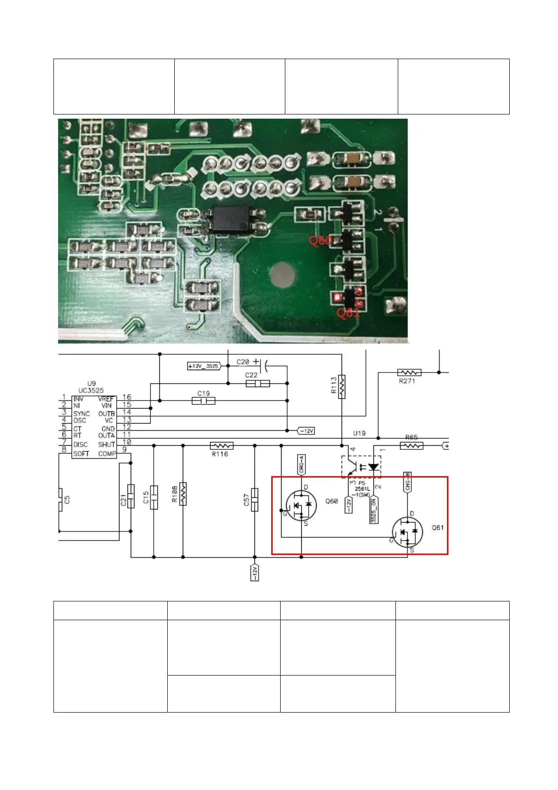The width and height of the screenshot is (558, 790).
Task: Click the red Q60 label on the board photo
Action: point(320,241)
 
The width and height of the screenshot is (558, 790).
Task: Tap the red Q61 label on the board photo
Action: point(348,313)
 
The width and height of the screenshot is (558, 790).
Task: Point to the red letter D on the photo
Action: point(337,297)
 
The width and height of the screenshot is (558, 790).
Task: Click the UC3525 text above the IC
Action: point(91,390)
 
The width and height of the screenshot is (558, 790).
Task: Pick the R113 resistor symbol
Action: point(342,387)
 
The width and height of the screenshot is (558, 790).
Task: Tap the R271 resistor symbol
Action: point(409,372)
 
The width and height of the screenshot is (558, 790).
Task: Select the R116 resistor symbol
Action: point(221,445)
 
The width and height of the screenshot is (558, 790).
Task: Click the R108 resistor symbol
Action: point(183,494)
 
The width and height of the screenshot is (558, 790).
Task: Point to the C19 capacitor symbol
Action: point(203,401)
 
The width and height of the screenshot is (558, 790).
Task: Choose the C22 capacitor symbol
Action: point(258,383)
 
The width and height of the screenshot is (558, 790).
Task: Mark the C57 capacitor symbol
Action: point(255,500)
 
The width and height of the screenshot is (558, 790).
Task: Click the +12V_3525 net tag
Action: point(204,366)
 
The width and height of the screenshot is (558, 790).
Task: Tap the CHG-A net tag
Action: point(301,464)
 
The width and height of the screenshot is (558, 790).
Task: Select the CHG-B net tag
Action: point(408,482)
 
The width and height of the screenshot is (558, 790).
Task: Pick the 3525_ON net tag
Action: point(374,510)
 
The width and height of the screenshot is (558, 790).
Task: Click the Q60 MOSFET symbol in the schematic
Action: point(301,506)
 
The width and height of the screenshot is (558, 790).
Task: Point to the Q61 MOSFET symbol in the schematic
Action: point(407,532)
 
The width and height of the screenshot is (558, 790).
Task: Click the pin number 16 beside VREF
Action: point(126,397)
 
